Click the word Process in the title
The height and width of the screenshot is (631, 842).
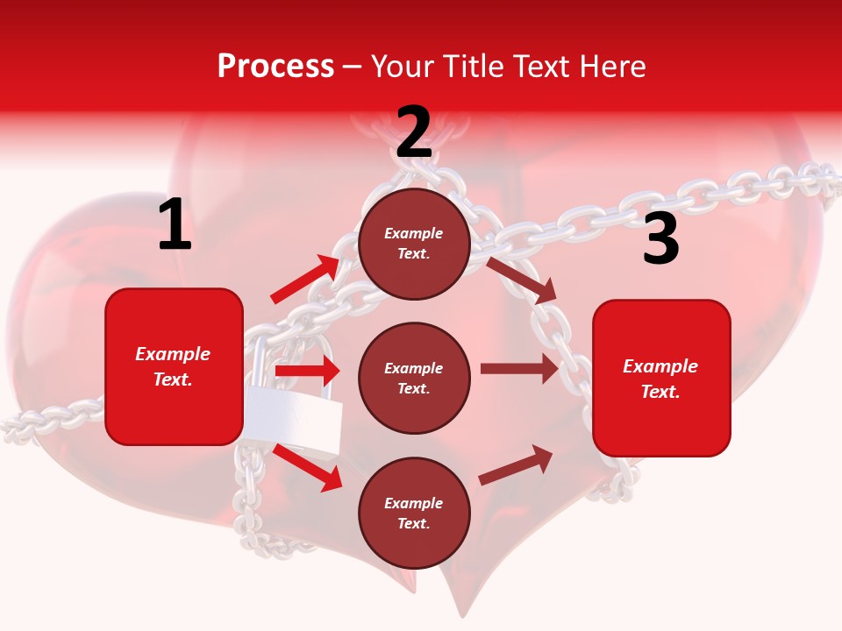tap(275, 67)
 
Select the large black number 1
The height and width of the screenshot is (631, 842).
tap(175, 225)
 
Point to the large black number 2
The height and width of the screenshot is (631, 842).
tap(414, 132)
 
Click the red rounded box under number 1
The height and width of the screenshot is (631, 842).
tap(174, 366)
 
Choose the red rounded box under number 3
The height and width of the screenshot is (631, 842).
tap(661, 379)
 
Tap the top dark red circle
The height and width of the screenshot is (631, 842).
tap(414, 244)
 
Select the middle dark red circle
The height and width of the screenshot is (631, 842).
tap(414, 379)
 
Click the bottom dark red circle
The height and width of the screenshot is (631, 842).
tap(414, 513)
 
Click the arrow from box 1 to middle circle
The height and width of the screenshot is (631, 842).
tap(307, 372)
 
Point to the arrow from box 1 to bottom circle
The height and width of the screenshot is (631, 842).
tap(307, 467)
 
